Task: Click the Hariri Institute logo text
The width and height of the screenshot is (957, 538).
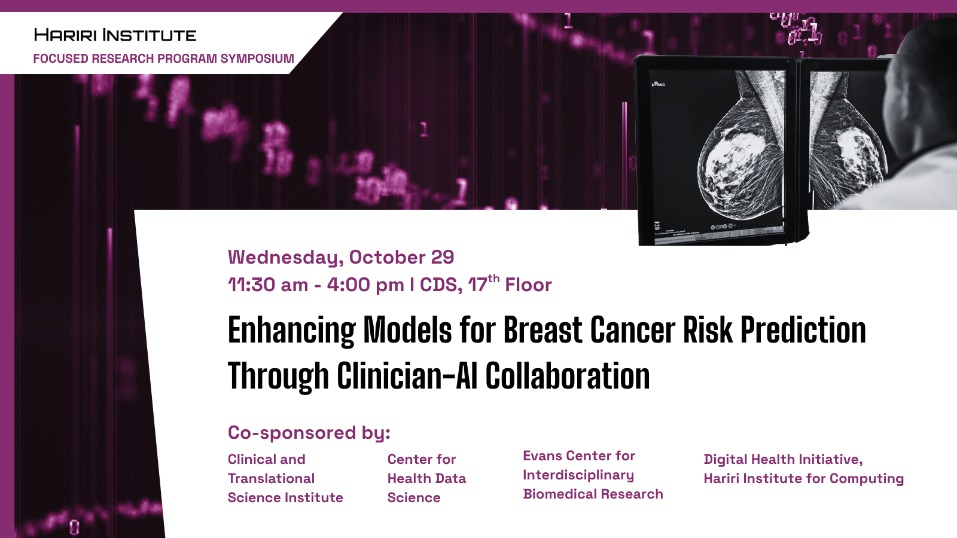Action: (x=115, y=35)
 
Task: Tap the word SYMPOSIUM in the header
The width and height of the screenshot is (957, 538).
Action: (x=257, y=58)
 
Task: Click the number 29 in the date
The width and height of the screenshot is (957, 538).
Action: (x=442, y=257)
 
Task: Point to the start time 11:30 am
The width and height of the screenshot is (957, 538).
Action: (x=268, y=285)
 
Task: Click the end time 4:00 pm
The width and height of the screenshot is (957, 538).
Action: (x=365, y=285)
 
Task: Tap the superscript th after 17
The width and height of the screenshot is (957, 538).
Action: (x=493, y=279)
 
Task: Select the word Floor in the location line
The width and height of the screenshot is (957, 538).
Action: (x=529, y=285)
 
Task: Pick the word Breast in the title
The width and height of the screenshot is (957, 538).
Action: (x=542, y=329)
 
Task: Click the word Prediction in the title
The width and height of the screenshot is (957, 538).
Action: (x=803, y=329)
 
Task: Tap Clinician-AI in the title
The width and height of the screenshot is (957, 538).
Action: (x=407, y=376)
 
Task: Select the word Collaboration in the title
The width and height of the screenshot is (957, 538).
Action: (x=568, y=376)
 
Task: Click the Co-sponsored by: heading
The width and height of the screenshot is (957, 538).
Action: (x=309, y=433)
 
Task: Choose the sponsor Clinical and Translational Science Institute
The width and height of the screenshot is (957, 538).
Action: (x=285, y=479)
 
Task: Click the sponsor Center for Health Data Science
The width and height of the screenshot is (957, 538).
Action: (x=427, y=479)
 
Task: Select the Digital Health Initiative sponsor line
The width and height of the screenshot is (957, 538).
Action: (x=783, y=460)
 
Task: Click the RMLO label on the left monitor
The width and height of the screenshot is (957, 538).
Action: (x=659, y=84)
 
